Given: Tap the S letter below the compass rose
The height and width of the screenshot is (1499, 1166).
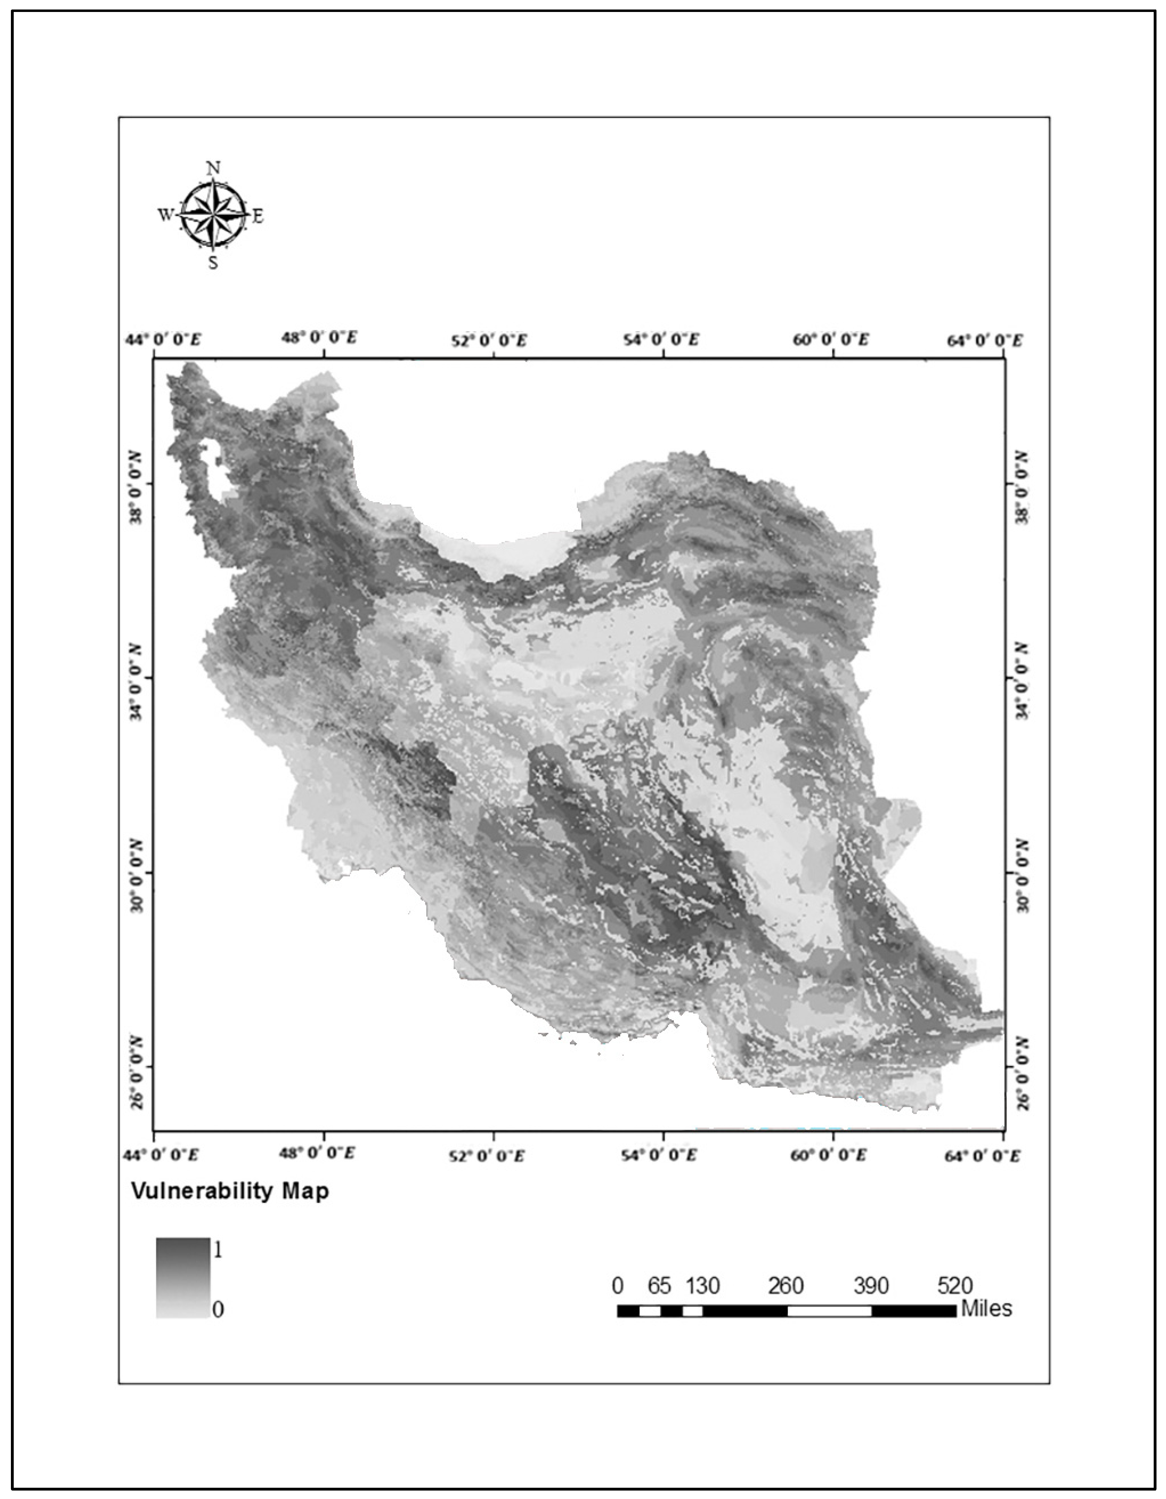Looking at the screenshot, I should pos(214,263).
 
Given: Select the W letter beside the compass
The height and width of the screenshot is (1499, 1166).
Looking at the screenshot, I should pos(165,215).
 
